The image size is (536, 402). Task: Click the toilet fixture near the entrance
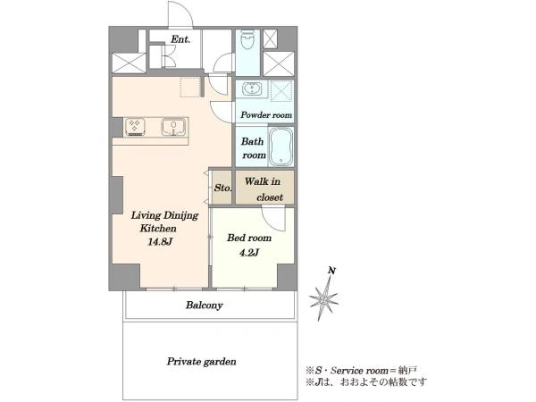(247, 41)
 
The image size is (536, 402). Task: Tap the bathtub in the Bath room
(281, 147)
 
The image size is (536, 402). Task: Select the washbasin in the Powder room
(252, 89)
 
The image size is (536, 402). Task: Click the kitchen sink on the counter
(174, 127)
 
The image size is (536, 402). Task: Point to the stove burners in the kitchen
(135, 127)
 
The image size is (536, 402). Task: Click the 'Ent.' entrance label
(180, 39)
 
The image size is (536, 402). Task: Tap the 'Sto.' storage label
(222, 188)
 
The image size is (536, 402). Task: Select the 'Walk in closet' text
(264, 189)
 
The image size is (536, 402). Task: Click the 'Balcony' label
(204, 305)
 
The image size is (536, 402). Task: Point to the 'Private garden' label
(201, 362)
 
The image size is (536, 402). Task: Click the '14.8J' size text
(160, 242)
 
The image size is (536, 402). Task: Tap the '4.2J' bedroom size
(249, 253)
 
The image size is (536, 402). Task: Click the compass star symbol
(323, 299)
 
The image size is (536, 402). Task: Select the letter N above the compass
(331, 271)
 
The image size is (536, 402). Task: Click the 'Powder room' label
(266, 115)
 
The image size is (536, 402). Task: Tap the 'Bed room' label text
(249, 238)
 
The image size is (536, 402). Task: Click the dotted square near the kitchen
(190, 87)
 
